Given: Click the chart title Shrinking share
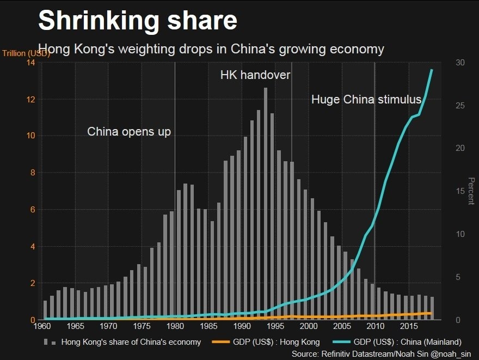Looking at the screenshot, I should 137,20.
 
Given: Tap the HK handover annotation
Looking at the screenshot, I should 255,75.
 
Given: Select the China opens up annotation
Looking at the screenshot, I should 129,132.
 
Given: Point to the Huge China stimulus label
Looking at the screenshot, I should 366,100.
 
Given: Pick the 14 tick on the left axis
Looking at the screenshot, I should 30,63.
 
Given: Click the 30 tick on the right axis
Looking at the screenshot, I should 460,63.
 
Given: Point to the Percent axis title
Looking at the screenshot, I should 471,191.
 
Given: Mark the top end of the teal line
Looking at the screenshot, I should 432,70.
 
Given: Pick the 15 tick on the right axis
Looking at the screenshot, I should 460,191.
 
